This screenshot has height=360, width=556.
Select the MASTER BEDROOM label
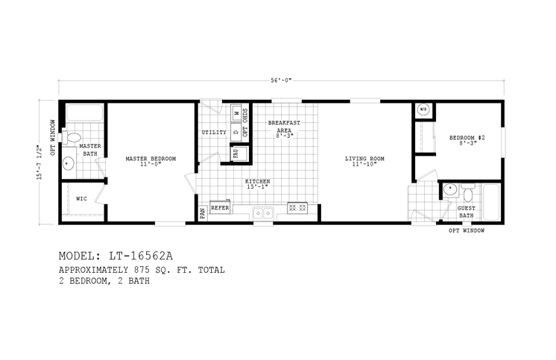click(151, 159)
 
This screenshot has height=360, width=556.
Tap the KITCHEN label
click(257, 182)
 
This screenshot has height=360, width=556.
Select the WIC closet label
click(81, 199)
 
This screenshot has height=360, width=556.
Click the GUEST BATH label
click(466, 212)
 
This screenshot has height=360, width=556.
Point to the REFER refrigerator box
click(220, 209)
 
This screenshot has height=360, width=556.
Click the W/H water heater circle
click(423, 110)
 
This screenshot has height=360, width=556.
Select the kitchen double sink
click(262, 212)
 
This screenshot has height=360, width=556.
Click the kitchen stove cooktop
click(298, 209)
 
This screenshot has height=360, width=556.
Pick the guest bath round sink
click(449, 192)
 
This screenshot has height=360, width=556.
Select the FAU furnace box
click(236, 154)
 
